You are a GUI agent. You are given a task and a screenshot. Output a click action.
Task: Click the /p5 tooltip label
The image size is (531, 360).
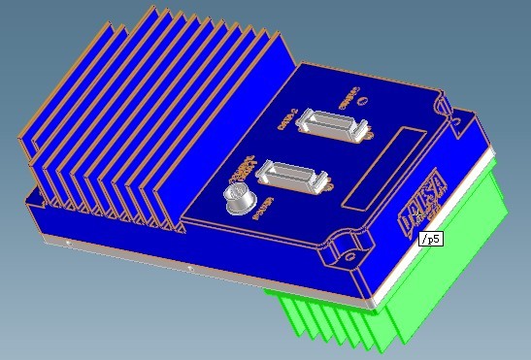point(430,239)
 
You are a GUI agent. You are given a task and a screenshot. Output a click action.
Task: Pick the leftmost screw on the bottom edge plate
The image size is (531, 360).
point(67,242)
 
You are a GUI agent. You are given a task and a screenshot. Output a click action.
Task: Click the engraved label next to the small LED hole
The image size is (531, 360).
point(348,98)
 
